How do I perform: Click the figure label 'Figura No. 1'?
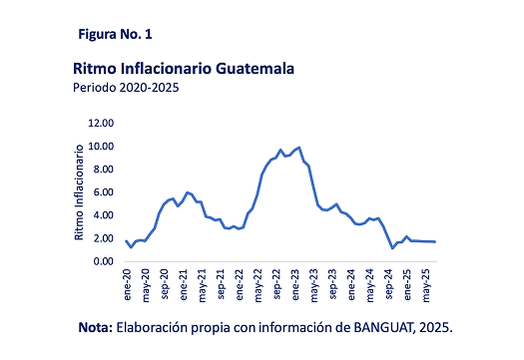[115, 34]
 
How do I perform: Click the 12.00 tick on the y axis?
[102, 124]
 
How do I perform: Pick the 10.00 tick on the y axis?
[102, 147]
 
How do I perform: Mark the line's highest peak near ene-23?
[299, 147]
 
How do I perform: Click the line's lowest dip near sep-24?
[392, 247]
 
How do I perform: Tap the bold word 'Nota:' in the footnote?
[98, 327]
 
